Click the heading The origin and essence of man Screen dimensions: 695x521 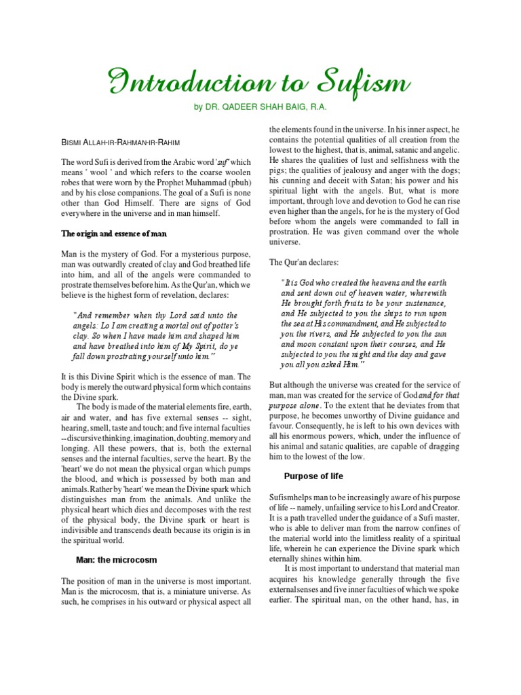pyautogui.click(x=115, y=233)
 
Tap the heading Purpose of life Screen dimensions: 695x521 pyautogui.click(x=315, y=475)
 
